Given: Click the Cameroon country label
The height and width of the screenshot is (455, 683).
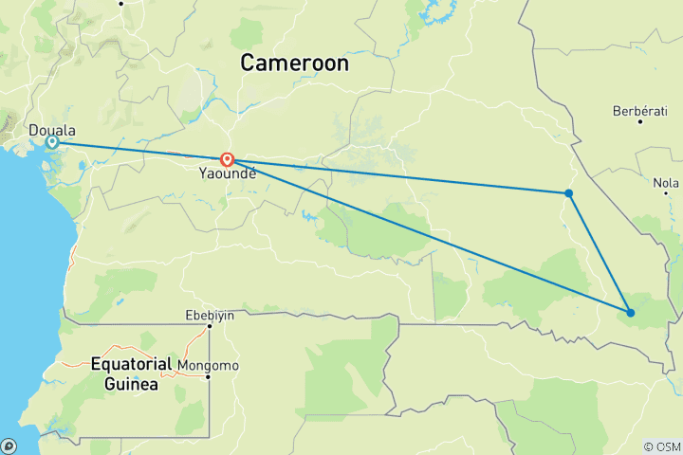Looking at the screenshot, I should pyautogui.click(x=294, y=64).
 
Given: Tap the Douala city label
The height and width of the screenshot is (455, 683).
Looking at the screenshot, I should pyautogui.click(x=53, y=130).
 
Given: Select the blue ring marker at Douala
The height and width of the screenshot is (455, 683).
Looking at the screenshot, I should pyautogui.click(x=53, y=142).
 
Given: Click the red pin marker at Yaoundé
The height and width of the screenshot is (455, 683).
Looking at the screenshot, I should pyautogui.click(x=228, y=159).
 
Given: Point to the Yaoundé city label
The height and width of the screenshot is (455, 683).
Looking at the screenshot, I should pyautogui.click(x=228, y=175).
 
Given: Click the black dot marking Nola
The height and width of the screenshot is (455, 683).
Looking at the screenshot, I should pyautogui.click(x=665, y=194).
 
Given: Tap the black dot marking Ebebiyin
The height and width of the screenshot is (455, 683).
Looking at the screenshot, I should pyautogui.click(x=209, y=327).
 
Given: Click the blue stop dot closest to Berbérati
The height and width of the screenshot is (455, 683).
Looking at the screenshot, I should pyautogui.click(x=568, y=193).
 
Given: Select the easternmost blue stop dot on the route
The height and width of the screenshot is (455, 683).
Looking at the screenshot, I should pyautogui.click(x=630, y=313).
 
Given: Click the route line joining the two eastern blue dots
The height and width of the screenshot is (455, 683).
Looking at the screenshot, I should pyautogui.click(x=600, y=253).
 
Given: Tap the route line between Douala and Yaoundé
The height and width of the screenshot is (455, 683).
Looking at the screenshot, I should pyautogui.click(x=142, y=151).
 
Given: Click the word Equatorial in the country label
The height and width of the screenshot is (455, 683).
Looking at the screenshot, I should pyautogui.click(x=132, y=363).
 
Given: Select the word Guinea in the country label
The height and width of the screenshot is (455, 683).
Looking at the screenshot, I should pyautogui.click(x=133, y=384).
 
